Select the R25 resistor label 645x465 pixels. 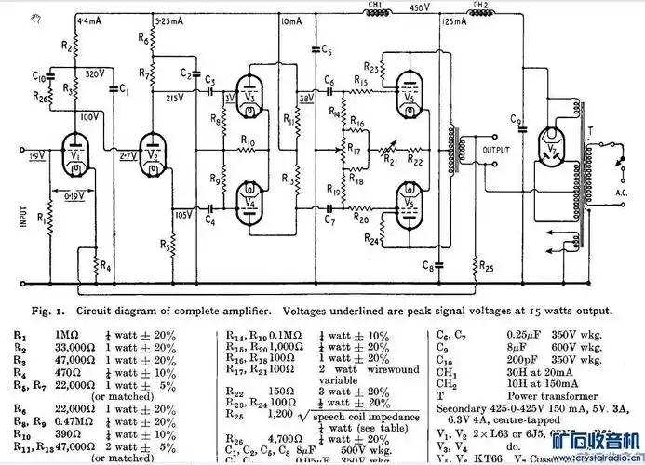point(487,270)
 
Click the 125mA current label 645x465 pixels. point(457,20)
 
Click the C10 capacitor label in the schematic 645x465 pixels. point(37,74)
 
